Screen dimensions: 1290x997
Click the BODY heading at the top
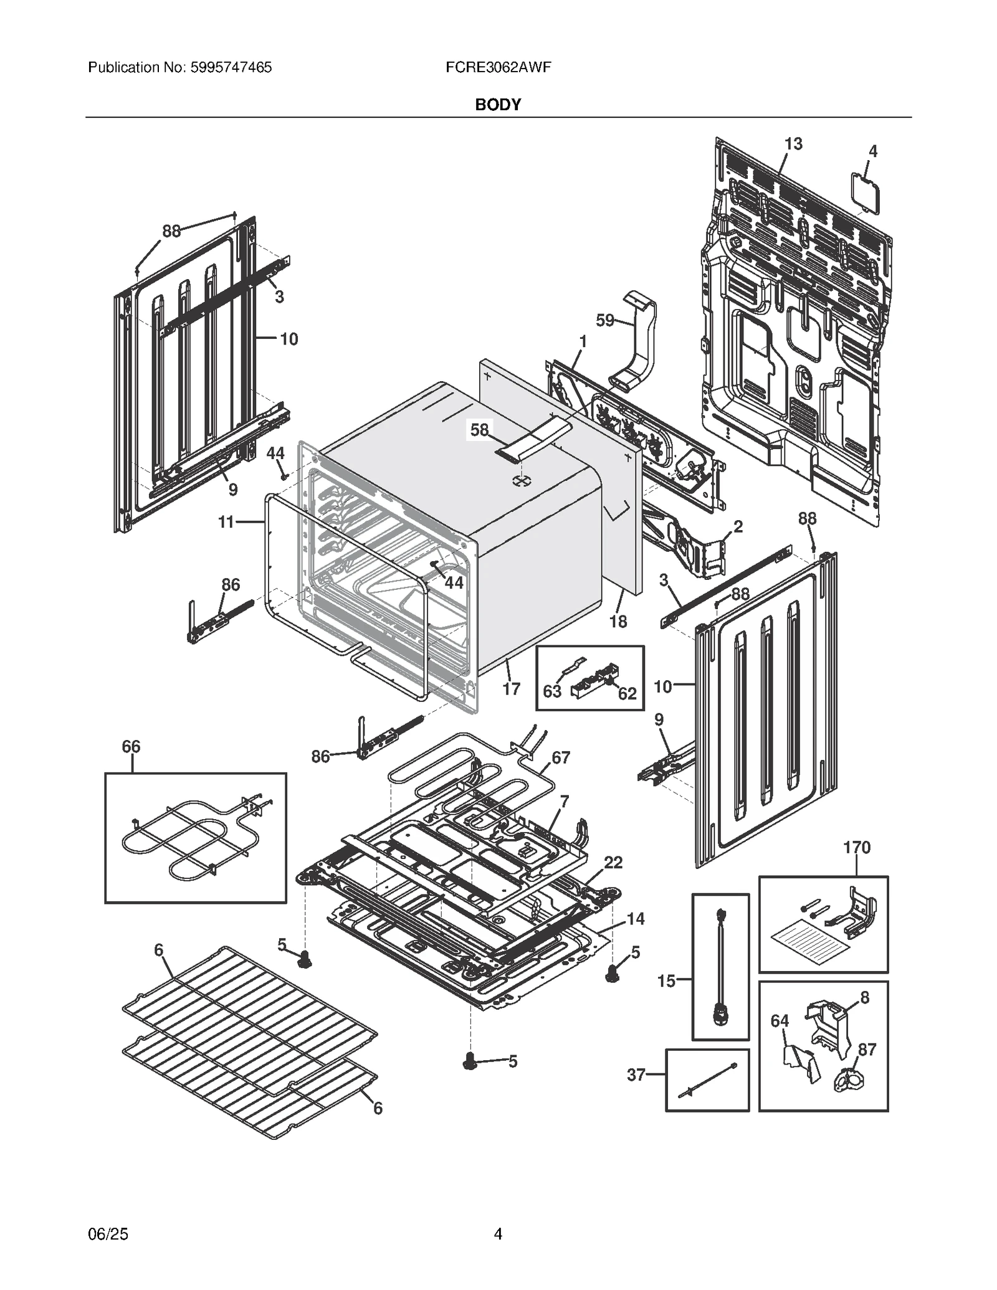click(498, 105)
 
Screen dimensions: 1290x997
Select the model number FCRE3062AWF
click(498, 67)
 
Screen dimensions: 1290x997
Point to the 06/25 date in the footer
click(108, 1234)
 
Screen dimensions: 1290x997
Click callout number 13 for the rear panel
click(793, 144)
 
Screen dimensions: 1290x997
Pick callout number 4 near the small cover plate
click(873, 151)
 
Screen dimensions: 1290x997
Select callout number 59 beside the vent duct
click(605, 320)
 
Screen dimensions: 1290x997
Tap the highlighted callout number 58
click(479, 430)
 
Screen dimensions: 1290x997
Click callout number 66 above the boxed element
click(131, 746)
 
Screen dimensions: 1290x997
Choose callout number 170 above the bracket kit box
click(856, 847)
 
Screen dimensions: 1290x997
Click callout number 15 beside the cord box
click(666, 981)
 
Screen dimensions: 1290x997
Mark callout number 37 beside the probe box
click(636, 1074)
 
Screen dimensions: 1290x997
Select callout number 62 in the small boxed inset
click(627, 693)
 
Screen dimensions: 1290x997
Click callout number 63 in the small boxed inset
click(552, 691)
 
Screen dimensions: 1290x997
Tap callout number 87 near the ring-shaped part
click(867, 1050)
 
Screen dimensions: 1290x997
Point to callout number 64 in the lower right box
click(780, 1021)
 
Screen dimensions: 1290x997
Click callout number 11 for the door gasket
click(226, 522)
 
